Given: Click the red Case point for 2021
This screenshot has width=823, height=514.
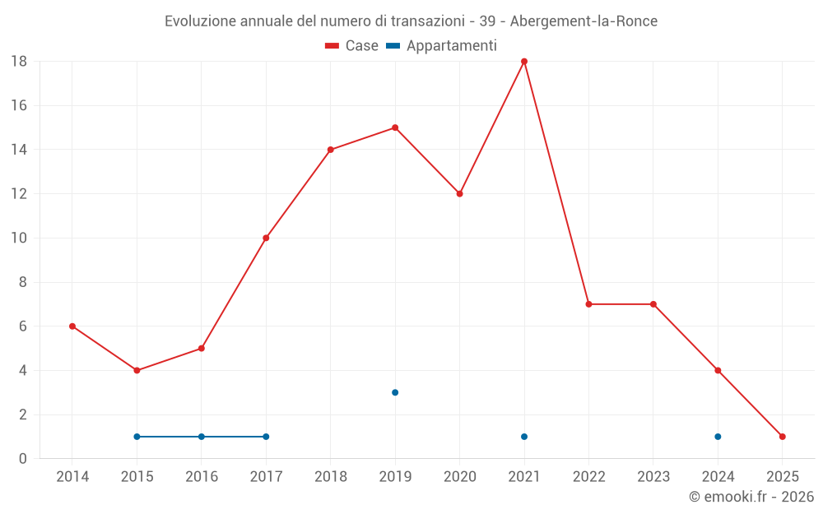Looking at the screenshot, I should (x=524, y=62).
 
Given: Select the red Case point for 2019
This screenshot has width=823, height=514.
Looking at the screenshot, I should (x=395, y=127).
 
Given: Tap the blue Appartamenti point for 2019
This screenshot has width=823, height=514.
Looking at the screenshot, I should (x=395, y=392).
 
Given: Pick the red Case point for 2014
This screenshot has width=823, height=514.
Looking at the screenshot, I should (x=72, y=326).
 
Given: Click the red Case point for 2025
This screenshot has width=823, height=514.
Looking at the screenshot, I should (x=783, y=437).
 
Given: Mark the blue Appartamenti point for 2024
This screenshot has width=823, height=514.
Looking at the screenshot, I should (x=718, y=437).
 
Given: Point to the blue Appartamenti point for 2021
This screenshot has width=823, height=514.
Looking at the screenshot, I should (x=524, y=437).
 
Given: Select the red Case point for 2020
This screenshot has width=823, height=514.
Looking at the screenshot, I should (x=460, y=194).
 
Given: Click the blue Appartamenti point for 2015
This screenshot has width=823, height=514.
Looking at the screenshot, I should (x=137, y=437).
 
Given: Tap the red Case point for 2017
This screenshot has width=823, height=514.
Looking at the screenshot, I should (x=266, y=238).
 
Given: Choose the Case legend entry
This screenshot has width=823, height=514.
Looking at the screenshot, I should (x=352, y=46).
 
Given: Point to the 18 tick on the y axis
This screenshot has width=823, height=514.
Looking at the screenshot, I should (x=19, y=62).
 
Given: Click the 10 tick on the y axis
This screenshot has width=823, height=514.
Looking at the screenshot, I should (x=19, y=238).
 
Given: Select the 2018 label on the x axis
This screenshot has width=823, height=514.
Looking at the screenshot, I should (x=330, y=477).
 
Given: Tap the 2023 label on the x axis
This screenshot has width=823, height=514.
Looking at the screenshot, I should (x=653, y=477).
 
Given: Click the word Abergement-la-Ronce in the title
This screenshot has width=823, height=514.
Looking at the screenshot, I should (x=584, y=21).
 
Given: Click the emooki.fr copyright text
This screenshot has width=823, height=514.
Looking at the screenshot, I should (x=751, y=497).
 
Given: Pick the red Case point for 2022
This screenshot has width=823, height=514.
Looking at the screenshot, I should (x=588, y=304).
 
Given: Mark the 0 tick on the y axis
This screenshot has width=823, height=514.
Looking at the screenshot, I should (x=23, y=459).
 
